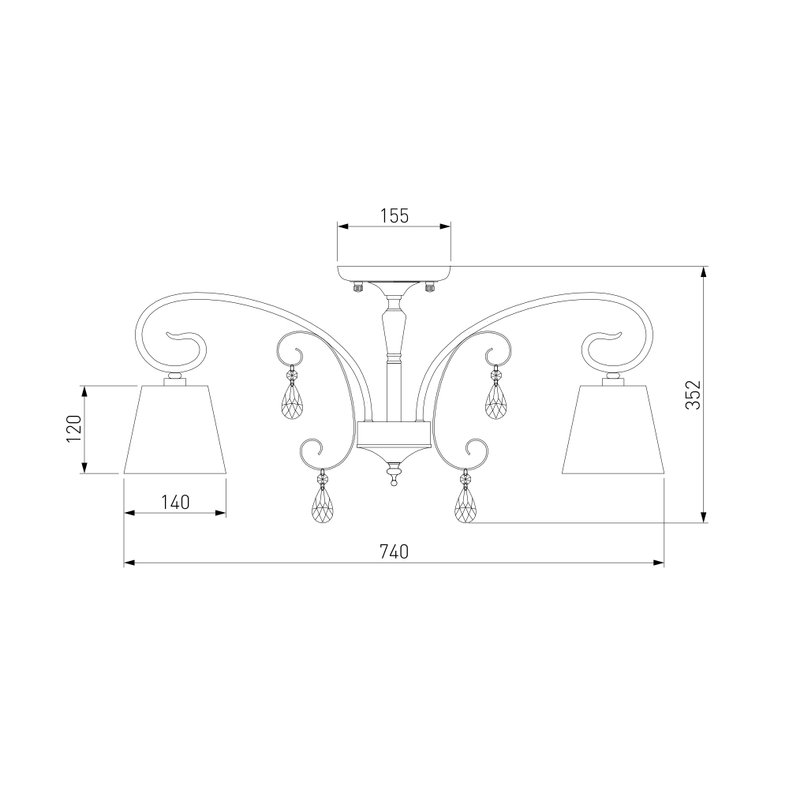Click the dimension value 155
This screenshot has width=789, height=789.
394,216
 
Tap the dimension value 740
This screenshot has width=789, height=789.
394,552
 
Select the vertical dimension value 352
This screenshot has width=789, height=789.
693,394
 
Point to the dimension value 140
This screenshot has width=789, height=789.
175,502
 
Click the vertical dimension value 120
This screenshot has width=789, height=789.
74,428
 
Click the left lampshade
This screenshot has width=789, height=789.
175,430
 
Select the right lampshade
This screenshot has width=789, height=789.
613,430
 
